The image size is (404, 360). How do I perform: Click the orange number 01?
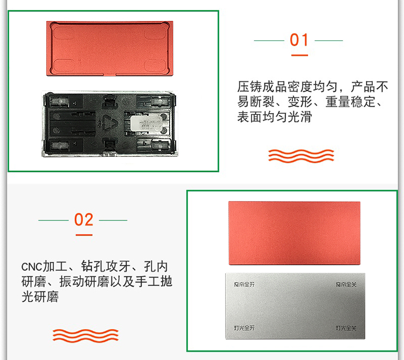pyautogui.click(x=299, y=40)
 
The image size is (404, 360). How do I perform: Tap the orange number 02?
pyautogui.click(x=83, y=220)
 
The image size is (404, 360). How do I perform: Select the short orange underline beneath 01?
pyautogui.click(x=299, y=55)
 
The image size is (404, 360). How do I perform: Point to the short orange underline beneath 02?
pyautogui.click(x=84, y=235)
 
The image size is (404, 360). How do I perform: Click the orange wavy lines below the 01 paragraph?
pyautogui.click(x=301, y=156)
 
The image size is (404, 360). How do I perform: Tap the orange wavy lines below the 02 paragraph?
pyautogui.click(x=86, y=336)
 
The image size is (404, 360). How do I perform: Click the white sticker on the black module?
pyautogui.click(x=147, y=123)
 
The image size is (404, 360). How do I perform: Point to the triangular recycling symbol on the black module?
pyautogui.click(x=110, y=122)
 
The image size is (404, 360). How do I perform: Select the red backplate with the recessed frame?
pyautogui.click(x=110, y=49)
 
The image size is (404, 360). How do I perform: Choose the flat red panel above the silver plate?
pyautogui.click(x=295, y=233)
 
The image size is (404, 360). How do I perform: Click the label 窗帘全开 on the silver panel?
pyautogui.click(x=244, y=285)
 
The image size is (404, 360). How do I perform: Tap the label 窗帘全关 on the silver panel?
pyautogui.click(x=346, y=285)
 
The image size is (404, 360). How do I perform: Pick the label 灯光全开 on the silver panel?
pyautogui.click(x=244, y=328)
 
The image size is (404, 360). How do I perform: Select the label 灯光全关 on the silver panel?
pyautogui.click(x=346, y=328)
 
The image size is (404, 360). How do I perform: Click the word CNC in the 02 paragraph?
pyautogui.click(x=32, y=267)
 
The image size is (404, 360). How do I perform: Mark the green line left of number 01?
pyautogui.click(x=269, y=40)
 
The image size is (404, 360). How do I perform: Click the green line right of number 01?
pyautogui.click(x=329, y=40)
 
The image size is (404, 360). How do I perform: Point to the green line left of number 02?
pyautogui.click(x=53, y=220)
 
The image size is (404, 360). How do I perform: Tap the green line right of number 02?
pyautogui.click(x=113, y=220)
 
